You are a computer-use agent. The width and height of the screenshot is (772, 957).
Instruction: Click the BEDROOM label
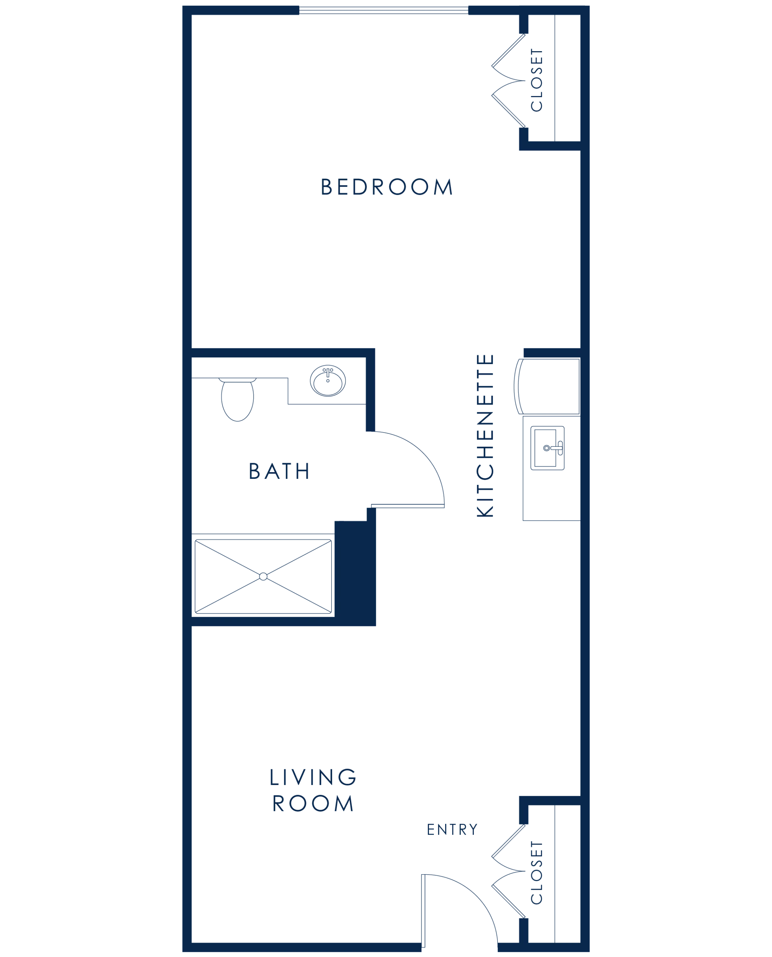(x=386, y=187)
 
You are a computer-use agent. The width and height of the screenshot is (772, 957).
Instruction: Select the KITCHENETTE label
(x=485, y=436)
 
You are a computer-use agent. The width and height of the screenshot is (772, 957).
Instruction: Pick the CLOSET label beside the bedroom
(x=537, y=80)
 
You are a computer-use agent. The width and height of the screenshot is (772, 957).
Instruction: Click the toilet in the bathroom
(x=238, y=399)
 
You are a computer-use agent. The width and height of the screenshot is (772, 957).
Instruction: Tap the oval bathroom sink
(x=328, y=381)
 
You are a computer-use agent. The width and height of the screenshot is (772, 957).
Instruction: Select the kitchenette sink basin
(x=545, y=448)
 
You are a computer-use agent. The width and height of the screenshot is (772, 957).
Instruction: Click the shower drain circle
(x=263, y=576)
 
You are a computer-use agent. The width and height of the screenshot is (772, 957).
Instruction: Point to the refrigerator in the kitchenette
(x=547, y=387)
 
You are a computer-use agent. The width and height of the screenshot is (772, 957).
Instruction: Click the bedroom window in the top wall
(x=384, y=10)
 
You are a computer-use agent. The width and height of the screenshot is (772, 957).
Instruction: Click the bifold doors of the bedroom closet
(x=509, y=80)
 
